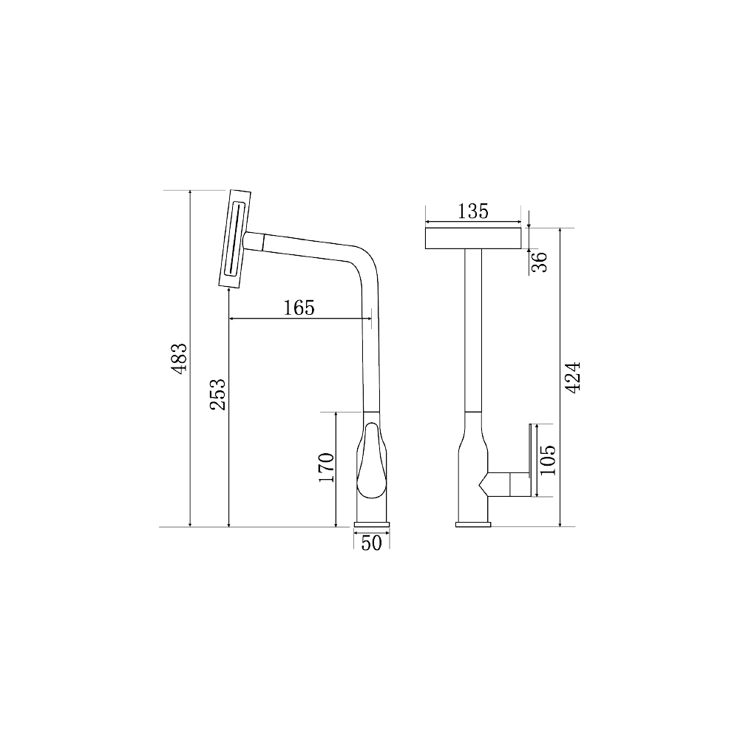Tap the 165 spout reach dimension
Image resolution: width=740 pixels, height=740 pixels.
(x=299, y=308)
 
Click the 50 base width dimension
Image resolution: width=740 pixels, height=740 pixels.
(x=372, y=543)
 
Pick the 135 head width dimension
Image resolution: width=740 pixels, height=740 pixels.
(x=473, y=211)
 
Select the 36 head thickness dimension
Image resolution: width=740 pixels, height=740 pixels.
(x=540, y=261)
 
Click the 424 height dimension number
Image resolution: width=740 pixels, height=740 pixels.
(x=573, y=378)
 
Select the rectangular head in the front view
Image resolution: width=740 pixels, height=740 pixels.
(x=474, y=238)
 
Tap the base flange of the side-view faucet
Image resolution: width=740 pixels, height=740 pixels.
(x=372, y=524)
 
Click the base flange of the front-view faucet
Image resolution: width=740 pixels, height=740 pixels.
(x=474, y=524)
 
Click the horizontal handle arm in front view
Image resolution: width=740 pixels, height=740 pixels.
(x=507, y=484)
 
